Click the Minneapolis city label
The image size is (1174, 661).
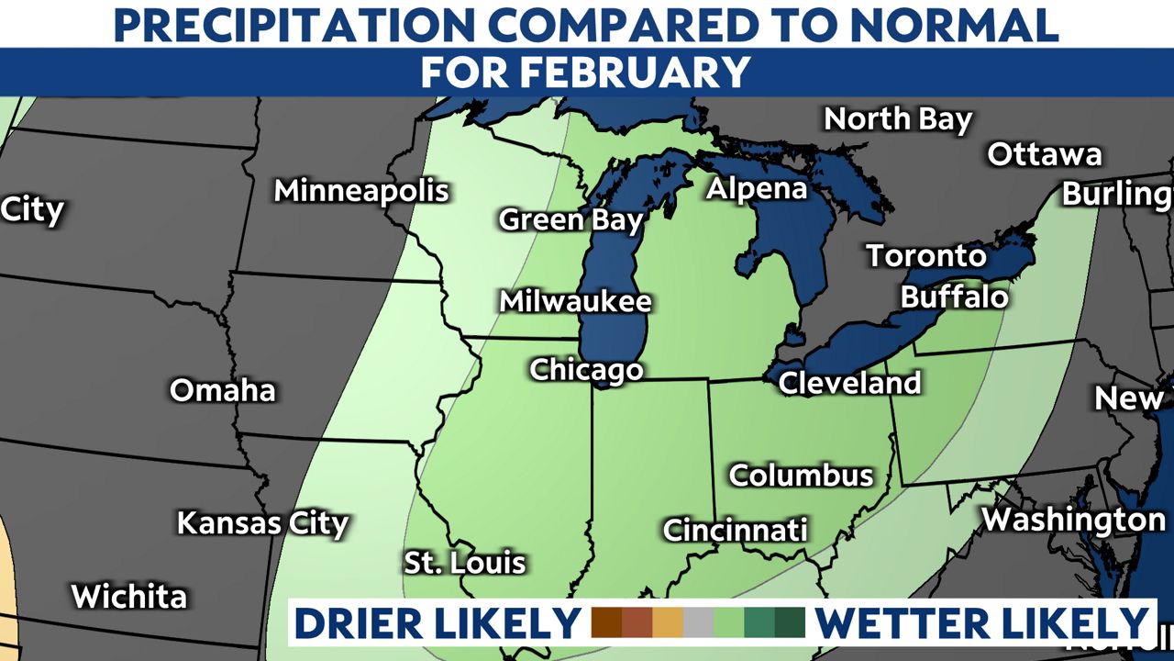point(361,191)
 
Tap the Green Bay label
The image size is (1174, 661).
point(570,220)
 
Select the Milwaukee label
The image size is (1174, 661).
point(575,301)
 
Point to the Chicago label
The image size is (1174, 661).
point(586,370)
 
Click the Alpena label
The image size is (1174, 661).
point(757,189)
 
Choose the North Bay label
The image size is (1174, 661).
point(897,119)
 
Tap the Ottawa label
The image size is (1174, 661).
point(1044,154)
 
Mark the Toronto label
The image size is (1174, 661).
point(926,256)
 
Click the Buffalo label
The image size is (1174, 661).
point(954,297)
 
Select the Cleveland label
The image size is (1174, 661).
point(849,383)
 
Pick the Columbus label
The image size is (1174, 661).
point(801,476)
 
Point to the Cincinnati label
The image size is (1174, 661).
point(735,530)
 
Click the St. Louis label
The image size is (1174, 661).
point(465,562)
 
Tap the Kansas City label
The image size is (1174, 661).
point(262,523)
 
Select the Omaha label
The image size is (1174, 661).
point(223,390)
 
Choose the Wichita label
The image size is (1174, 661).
point(129,597)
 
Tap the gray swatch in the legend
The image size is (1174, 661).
point(699,622)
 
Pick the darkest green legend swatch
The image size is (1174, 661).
point(789,622)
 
